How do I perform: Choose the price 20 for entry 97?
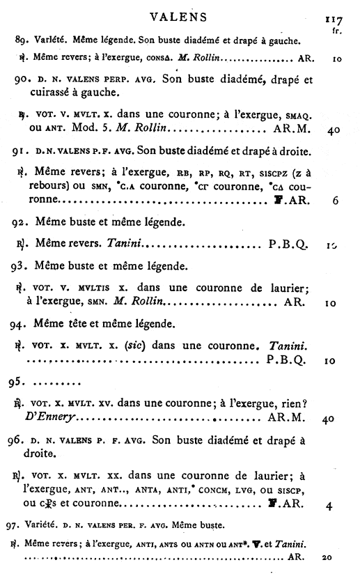pos(332,558)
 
